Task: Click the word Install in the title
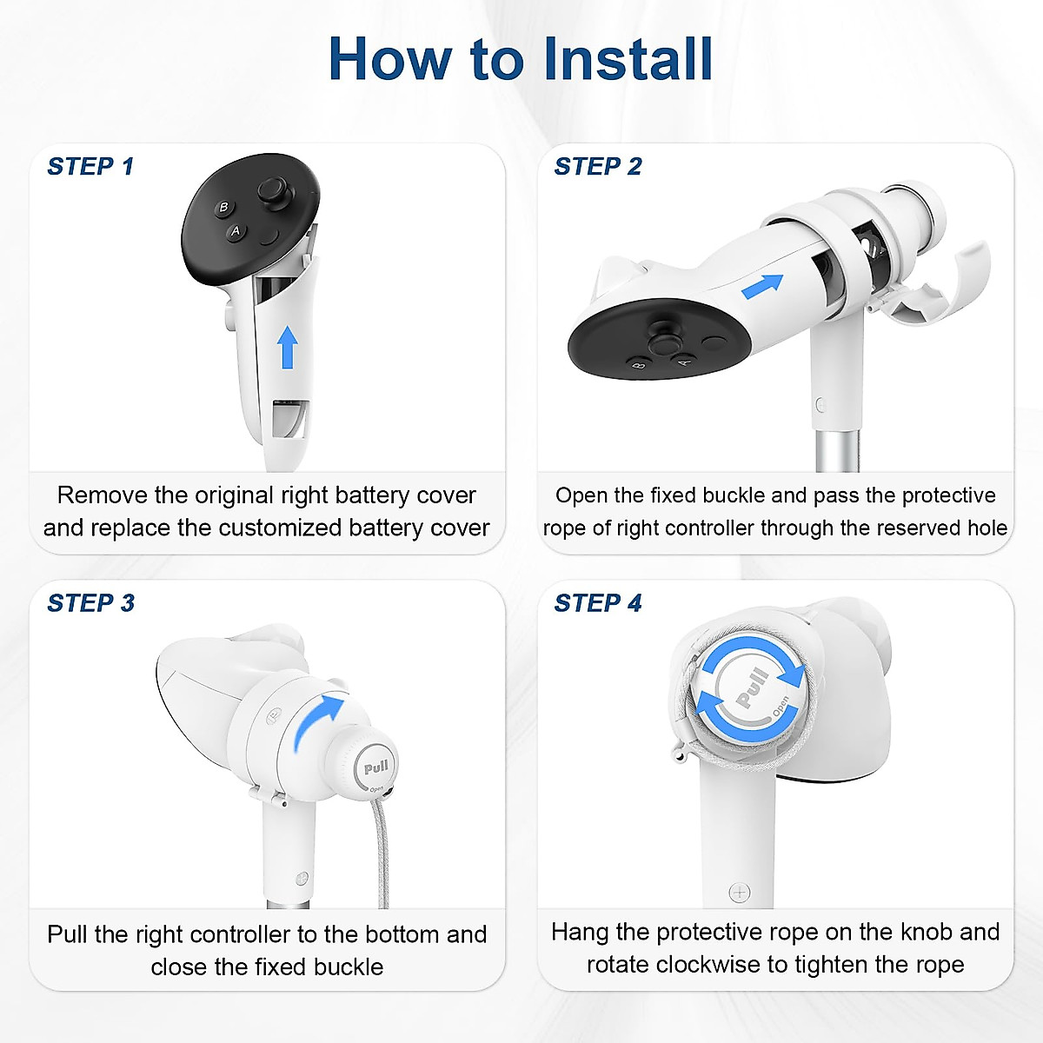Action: pos(626,59)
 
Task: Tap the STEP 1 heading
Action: pos(90,166)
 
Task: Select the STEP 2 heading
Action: pos(598,166)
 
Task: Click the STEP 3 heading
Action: pos(90,602)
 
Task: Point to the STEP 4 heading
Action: pos(598,602)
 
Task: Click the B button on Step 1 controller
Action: pos(223,207)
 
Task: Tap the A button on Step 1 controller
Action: pos(235,231)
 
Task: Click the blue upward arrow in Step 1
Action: pos(288,347)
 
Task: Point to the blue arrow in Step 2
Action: pos(762,285)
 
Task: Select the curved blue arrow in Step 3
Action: pos(316,720)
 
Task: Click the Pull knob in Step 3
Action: pos(375,768)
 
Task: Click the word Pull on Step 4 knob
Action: pos(753,687)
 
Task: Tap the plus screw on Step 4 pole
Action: pos(739,892)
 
